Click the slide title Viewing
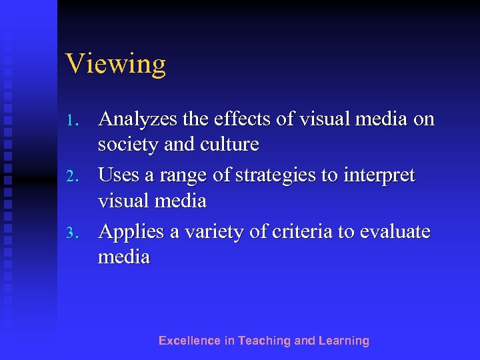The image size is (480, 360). (115, 65)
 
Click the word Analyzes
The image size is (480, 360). (137, 119)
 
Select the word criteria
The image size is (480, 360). (303, 233)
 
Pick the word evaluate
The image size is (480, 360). (395, 233)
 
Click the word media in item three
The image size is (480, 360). (124, 257)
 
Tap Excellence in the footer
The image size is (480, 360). (189, 341)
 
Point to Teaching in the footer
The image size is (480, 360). (265, 341)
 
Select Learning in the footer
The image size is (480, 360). (343, 341)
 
